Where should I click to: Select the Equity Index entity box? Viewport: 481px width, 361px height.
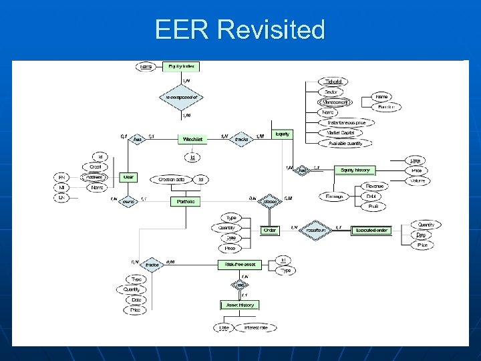(x=181, y=67)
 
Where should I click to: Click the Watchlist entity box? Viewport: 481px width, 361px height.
(x=192, y=139)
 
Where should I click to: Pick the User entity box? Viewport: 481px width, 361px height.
(x=128, y=177)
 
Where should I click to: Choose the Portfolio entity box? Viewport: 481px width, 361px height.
(x=186, y=201)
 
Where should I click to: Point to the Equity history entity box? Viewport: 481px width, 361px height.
(x=355, y=170)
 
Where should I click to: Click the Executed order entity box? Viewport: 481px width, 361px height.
(x=372, y=230)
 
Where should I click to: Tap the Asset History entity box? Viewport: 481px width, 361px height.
(x=238, y=305)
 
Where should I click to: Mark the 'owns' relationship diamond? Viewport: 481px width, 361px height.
(x=128, y=201)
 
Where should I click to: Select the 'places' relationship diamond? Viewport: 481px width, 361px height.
(x=270, y=201)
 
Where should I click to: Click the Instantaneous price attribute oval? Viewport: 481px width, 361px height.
(x=346, y=122)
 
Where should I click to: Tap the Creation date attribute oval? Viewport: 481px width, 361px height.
(x=171, y=179)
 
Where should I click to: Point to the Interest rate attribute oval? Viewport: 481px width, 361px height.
(x=255, y=328)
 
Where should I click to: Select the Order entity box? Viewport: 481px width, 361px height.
(x=270, y=230)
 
